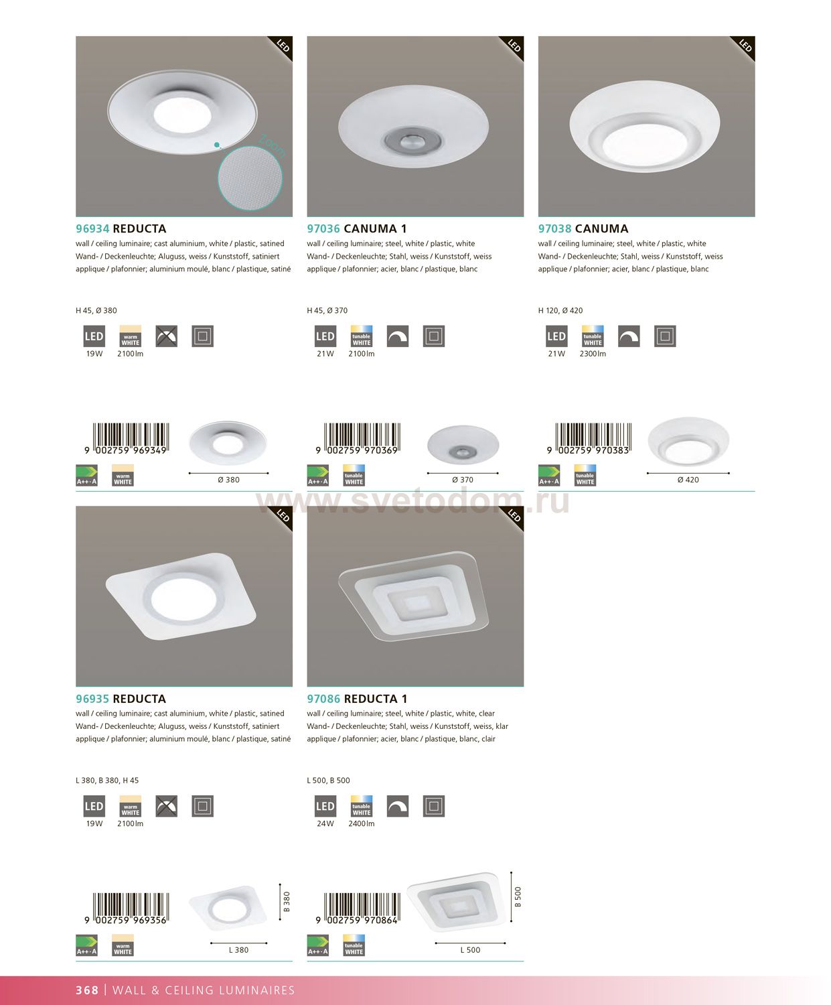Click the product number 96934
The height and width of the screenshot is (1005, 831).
(x=92, y=228)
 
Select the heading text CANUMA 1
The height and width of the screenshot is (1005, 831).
(x=375, y=228)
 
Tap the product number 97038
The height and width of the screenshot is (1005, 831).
(x=555, y=228)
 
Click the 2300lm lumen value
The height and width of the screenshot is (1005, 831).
(x=593, y=354)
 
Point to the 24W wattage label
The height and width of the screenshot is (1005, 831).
(x=325, y=823)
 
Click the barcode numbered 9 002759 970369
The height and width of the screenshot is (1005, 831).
(x=358, y=439)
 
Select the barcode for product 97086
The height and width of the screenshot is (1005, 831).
(x=358, y=909)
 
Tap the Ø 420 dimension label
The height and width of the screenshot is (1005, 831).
(x=688, y=480)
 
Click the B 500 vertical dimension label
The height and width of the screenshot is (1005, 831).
(x=518, y=896)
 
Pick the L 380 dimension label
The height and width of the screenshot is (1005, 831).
(x=238, y=949)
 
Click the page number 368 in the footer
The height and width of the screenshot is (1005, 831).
(x=87, y=990)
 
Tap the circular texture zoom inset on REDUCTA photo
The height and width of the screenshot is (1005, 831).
(x=250, y=178)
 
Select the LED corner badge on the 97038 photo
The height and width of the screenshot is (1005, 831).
(x=743, y=47)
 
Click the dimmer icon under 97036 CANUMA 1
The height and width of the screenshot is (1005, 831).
(x=398, y=336)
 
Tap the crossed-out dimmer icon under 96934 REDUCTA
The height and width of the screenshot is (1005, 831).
(x=167, y=336)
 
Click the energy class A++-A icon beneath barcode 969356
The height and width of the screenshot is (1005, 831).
(x=86, y=945)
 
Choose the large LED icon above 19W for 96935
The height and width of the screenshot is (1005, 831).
(x=94, y=806)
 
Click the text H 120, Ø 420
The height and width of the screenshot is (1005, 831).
(x=560, y=310)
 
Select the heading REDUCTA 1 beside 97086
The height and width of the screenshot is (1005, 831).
(x=376, y=699)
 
